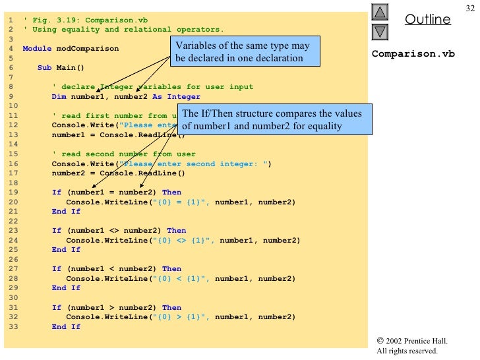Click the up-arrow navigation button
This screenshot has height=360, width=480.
(381, 13)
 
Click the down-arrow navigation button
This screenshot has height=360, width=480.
(381, 32)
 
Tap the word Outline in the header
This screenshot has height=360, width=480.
(427, 19)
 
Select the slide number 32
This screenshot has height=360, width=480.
(469, 8)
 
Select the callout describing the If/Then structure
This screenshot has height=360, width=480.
(272, 119)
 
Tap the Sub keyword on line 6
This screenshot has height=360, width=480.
(44, 68)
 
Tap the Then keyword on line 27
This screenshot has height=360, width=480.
(171, 269)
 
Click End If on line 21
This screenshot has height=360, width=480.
(66, 212)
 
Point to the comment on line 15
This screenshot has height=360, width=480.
(123, 154)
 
